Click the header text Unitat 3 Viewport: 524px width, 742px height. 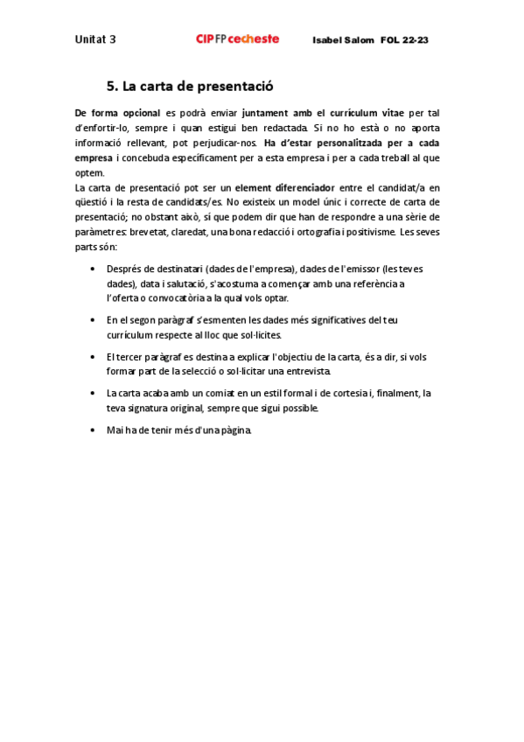click(x=95, y=39)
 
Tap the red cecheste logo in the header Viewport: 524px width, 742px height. click(x=237, y=38)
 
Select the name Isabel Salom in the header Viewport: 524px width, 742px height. click(x=343, y=40)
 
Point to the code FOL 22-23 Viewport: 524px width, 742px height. click(x=404, y=40)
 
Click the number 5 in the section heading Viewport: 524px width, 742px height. click(x=110, y=87)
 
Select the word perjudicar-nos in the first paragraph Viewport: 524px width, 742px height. click(x=223, y=143)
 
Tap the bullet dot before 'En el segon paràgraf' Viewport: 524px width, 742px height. click(x=94, y=320)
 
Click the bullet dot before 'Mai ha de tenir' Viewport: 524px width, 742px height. click(x=94, y=431)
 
